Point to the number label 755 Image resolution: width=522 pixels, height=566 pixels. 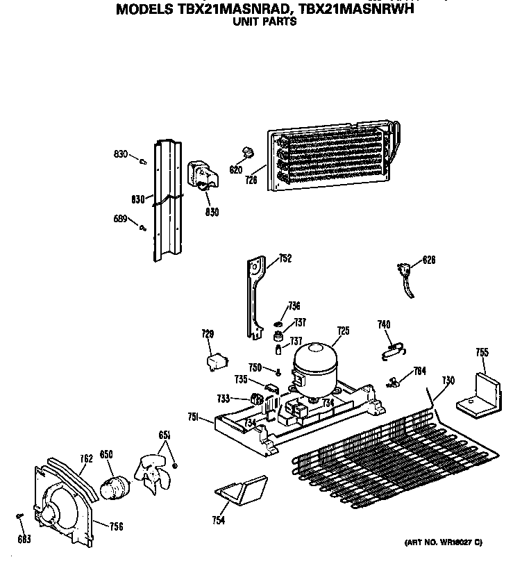click(482, 352)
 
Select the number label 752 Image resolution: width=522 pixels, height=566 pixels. click(285, 259)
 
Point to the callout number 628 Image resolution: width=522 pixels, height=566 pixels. click(430, 261)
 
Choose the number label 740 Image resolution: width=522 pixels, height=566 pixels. click(384, 324)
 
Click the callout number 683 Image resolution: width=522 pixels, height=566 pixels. click(25, 539)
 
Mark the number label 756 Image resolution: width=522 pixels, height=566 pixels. click(116, 526)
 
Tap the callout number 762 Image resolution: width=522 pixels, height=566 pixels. click(86, 458)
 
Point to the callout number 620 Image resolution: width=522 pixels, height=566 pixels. click(235, 169)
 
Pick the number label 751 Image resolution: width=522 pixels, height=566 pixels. click(194, 417)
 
